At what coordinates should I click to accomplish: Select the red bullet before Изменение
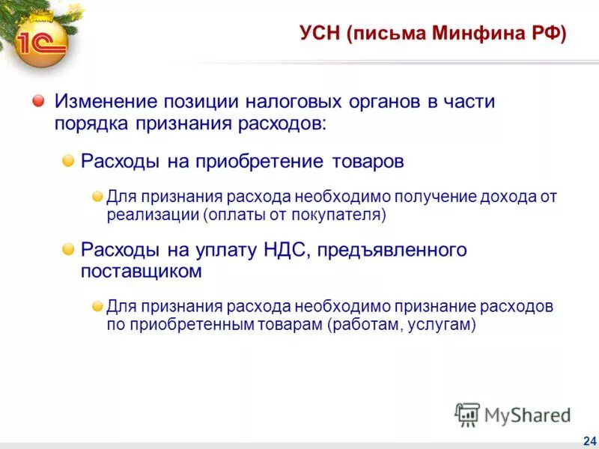[x=38, y=101]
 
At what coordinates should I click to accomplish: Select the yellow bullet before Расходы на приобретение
[x=68, y=161]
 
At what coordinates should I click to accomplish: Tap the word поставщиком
[x=142, y=270]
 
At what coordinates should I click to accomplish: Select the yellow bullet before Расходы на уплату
[x=68, y=249]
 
